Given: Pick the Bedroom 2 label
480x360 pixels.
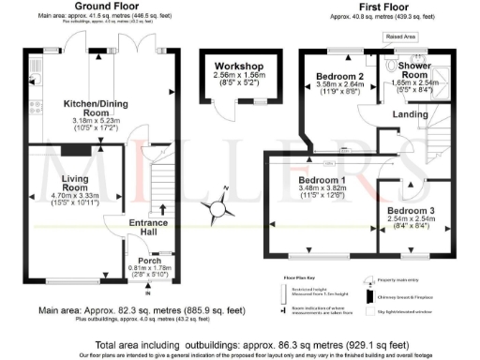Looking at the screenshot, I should click(x=340, y=76).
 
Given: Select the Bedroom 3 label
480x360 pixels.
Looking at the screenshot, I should click(x=412, y=211).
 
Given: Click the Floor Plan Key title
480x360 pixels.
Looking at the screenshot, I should click(x=292, y=278).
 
